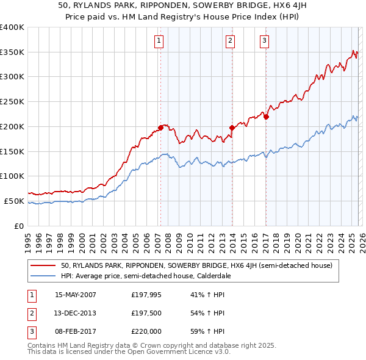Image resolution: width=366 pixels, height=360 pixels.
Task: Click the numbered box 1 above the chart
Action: (x=159, y=41)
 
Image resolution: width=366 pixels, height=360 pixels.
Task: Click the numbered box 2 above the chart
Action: (x=230, y=41)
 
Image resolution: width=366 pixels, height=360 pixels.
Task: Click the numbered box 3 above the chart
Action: (x=265, y=41)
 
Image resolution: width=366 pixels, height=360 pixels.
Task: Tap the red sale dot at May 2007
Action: (x=160, y=128)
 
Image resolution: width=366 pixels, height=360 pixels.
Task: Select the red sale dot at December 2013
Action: (x=232, y=128)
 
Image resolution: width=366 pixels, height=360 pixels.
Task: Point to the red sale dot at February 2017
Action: (x=267, y=117)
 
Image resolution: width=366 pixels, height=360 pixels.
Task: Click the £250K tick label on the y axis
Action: (x=12, y=102)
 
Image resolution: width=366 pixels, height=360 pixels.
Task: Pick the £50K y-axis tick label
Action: (x=14, y=201)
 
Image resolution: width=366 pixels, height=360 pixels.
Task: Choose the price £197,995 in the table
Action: (x=145, y=295)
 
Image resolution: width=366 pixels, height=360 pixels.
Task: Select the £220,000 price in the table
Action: (x=145, y=331)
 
